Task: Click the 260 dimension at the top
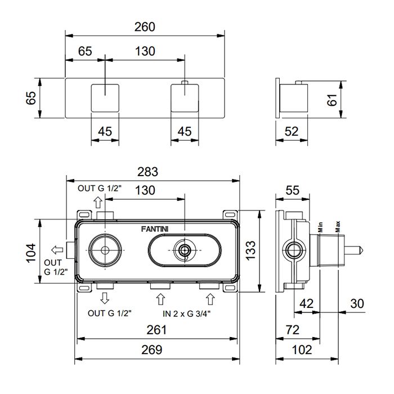(x=145, y=27)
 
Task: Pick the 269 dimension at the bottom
(x=152, y=350)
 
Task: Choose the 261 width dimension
(x=156, y=330)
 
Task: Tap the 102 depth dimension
(x=302, y=350)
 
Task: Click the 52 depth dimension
(x=291, y=132)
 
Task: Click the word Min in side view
(x=319, y=227)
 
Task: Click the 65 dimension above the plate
(x=85, y=51)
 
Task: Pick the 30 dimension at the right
(x=357, y=304)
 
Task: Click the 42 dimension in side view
(x=306, y=304)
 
